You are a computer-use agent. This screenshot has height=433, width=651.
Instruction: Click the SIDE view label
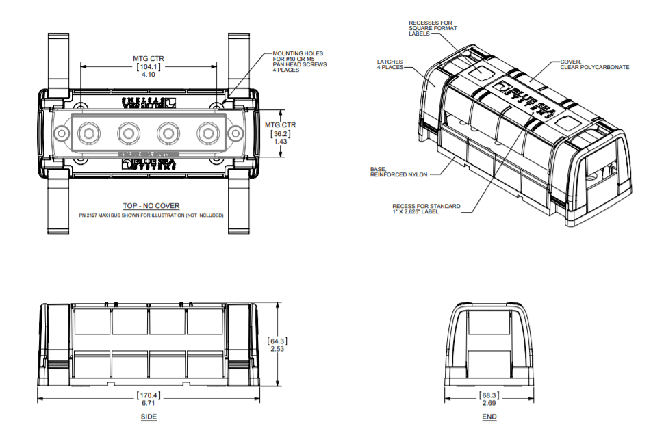149,417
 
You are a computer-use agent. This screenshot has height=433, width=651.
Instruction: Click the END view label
489,417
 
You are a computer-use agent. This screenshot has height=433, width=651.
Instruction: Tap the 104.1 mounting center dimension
149,67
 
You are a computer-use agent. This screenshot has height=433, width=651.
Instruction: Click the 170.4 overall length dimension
149,395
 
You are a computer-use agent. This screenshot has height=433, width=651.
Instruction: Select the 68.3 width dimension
489,396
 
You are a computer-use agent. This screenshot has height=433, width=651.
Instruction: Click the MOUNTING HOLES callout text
300,62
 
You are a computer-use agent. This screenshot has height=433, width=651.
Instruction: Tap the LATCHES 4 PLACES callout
390,64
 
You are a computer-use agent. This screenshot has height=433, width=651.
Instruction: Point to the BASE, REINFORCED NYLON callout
399,172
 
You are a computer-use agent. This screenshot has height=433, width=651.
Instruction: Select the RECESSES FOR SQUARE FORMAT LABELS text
433,28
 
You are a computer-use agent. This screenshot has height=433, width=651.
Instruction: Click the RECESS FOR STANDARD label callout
426,209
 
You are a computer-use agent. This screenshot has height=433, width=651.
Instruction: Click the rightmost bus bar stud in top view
207,131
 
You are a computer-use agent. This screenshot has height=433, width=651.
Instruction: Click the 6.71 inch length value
149,404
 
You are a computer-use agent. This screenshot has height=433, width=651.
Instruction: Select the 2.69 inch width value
489,404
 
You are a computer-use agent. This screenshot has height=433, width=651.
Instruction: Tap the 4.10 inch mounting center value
149,75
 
